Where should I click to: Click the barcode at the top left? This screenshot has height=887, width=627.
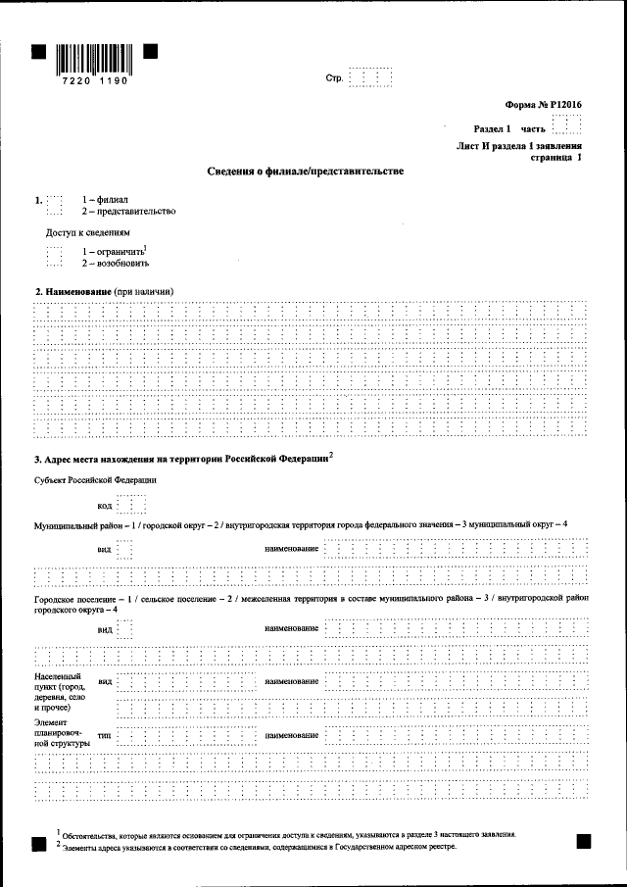[x=94, y=56]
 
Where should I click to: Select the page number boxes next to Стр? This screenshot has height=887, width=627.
[x=370, y=78]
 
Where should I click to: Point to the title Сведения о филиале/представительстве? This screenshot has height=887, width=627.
[x=305, y=171]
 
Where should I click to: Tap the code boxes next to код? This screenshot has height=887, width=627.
[x=130, y=505]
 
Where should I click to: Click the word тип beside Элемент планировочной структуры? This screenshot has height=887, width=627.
[x=104, y=734]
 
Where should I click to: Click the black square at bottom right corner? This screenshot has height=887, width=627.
[x=583, y=840]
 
